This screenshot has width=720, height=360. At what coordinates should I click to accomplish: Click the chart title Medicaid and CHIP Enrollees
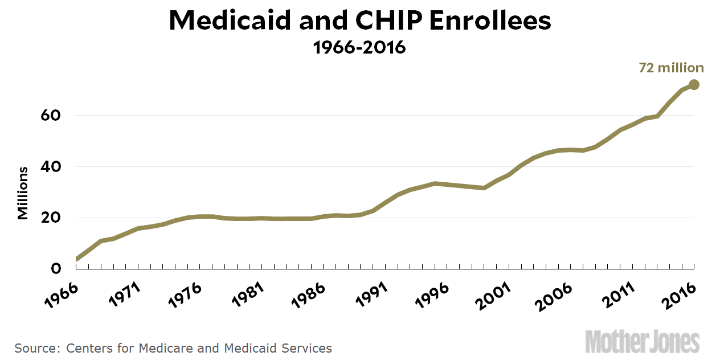pyautogui.click(x=360, y=21)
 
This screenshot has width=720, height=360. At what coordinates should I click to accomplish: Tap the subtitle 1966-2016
pyautogui.click(x=359, y=47)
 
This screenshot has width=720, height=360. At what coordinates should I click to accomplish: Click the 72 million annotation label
pyautogui.click(x=670, y=68)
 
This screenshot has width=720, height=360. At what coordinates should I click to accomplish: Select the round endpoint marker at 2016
pyautogui.click(x=694, y=85)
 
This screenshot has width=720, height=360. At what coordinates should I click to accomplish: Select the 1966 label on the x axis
pyautogui.click(x=62, y=295)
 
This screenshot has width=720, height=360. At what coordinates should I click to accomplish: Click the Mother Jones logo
pyautogui.click(x=642, y=341)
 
